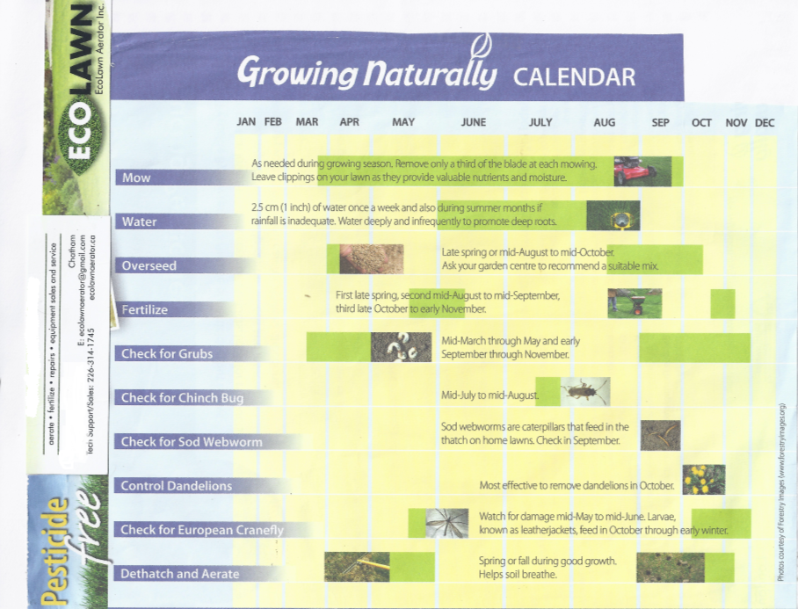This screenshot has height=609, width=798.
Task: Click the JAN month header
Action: [246, 122]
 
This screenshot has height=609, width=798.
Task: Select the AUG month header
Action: [604, 123]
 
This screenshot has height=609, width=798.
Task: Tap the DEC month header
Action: [765, 123]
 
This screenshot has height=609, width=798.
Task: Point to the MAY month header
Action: [403, 122]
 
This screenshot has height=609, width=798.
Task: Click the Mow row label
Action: [136, 178]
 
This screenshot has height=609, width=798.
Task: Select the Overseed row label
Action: [149, 265]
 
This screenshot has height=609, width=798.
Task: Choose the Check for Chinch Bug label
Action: [182, 397]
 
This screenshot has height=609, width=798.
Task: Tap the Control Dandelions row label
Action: [176, 485]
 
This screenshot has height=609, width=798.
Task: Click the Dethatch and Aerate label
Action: [179, 574]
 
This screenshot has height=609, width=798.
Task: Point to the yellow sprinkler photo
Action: [613, 215]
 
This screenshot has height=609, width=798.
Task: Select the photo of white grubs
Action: [401, 347]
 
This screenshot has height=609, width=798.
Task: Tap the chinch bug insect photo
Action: [584, 391]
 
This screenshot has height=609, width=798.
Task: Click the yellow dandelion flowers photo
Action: [704, 479]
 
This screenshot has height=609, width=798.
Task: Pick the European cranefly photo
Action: [446, 523]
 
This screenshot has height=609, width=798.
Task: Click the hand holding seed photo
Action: [372, 259]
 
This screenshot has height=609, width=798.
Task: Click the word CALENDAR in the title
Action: [574, 76]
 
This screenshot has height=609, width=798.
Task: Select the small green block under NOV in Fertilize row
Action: [722, 304]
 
